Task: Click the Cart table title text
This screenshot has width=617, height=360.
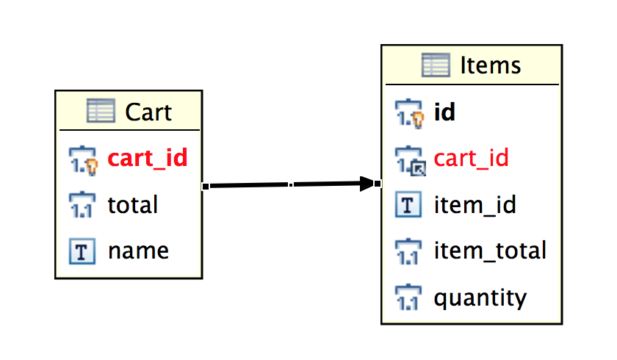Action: (x=148, y=112)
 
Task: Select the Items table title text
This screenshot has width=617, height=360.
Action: (x=490, y=65)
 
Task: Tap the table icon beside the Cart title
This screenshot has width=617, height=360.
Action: (x=101, y=112)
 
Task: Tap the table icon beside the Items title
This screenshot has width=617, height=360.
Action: (x=436, y=65)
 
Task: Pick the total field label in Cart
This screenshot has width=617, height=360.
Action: (x=132, y=204)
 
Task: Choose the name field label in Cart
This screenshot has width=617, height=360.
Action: (x=138, y=251)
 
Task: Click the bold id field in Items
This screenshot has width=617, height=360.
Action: (x=444, y=112)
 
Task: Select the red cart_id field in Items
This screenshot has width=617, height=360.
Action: (x=471, y=159)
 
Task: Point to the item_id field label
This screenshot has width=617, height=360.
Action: (x=475, y=205)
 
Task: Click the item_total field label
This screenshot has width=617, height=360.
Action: (x=490, y=251)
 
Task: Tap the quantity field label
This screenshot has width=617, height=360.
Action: (x=480, y=298)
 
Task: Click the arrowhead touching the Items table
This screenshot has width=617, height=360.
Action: (x=369, y=184)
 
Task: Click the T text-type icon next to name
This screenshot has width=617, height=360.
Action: (x=82, y=252)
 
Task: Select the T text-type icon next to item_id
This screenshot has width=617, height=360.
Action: (x=408, y=205)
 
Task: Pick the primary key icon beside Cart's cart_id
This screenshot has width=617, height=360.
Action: (x=83, y=159)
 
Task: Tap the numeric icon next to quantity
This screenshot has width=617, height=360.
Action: (x=408, y=298)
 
